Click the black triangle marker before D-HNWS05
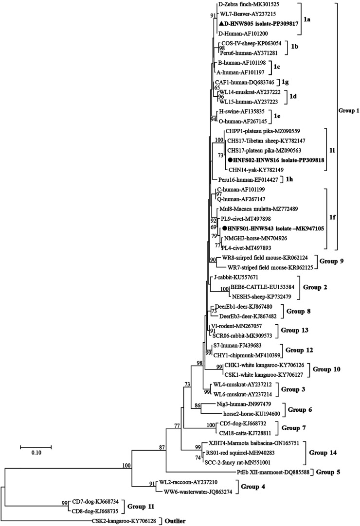[221, 24]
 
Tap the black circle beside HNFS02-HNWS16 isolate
[231, 160]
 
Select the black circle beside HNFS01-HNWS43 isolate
[224, 228]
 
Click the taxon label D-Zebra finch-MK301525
[249, 4]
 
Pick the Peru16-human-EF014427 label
[248, 180]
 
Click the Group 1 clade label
[349, 110]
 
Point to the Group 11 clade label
[141, 507]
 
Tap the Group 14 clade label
[323, 453]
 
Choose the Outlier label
[174, 521]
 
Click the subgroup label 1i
[332, 151]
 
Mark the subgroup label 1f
[332, 218]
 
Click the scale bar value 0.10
[36, 453]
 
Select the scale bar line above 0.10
[36, 447]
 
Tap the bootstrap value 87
[162, 447]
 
